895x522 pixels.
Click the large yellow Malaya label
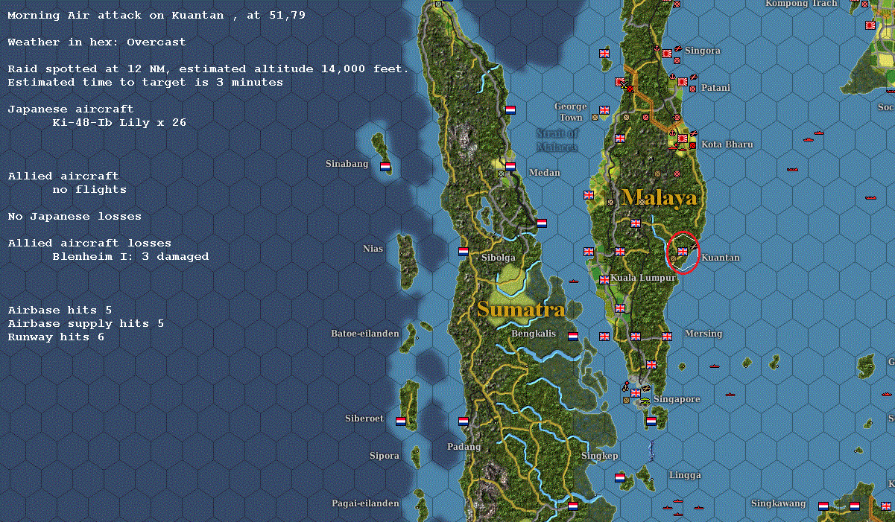[x=660, y=197]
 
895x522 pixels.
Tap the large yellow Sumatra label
[x=521, y=309]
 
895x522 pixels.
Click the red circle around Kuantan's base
[x=682, y=252]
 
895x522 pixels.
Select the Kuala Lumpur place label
[x=643, y=278]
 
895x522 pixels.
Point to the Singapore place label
[x=677, y=399]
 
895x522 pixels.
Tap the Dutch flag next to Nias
[x=463, y=252]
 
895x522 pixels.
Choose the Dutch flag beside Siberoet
[x=401, y=421]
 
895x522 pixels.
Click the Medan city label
[x=544, y=173]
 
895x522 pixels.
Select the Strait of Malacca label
[x=557, y=140]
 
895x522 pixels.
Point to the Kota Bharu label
[x=727, y=144]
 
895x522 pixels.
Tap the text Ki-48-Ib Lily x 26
[x=119, y=122]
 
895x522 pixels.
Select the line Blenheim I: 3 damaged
[x=130, y=256]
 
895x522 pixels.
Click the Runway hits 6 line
[x=56, y=337]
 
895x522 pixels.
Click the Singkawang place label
[x=777, y=503]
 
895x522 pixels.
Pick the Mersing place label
[x=703, y=334]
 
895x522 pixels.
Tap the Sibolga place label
[x=499, y=258]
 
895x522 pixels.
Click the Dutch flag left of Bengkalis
[x=573, y=336]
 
